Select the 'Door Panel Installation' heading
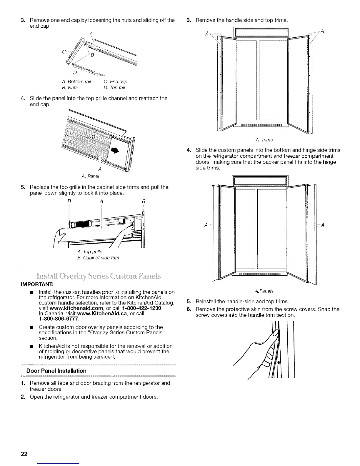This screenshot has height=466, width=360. (56, 371)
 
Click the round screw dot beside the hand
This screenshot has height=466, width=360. (279, 362)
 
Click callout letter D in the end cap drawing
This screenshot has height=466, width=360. (74, 72)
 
